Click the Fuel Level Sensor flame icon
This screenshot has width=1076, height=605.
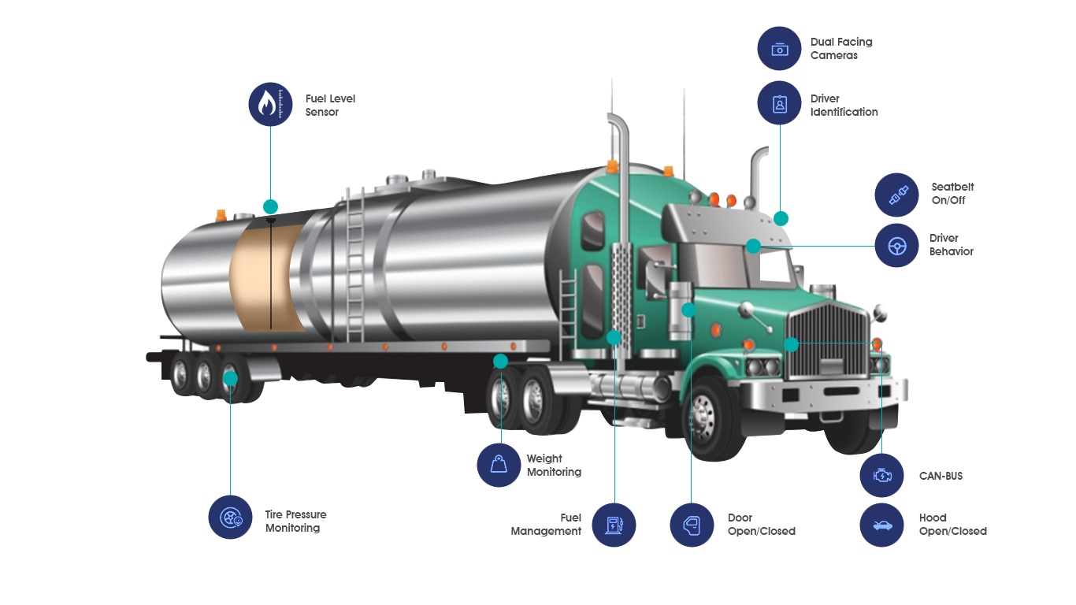pos(270,104)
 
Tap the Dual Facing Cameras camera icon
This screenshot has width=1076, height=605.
pos(779,49)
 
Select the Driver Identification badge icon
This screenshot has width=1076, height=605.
pos(779,103)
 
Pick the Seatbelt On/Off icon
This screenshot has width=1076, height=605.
pos(896,195)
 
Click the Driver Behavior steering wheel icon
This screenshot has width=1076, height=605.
pos(896,246)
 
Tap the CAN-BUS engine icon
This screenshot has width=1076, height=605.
pos(881,475)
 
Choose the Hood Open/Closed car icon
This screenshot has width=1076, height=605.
pos(881,525)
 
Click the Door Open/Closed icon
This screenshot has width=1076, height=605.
pos(692,525)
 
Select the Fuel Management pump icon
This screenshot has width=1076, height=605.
pos(614,525)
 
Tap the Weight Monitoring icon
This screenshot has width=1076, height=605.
pos(499,465)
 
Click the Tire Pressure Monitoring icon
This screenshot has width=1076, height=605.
pos(230,517)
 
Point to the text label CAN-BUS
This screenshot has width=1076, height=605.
pos(941,476)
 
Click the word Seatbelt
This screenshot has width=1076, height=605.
pos(952,187)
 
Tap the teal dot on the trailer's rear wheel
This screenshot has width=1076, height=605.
pos(231,379)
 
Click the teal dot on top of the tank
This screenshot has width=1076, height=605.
pos(270,207)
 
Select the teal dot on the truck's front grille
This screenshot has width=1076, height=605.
pos(791,344)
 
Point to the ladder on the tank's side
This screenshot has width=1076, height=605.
pos(354,265)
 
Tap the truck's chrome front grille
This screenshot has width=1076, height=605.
pos(827,340)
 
